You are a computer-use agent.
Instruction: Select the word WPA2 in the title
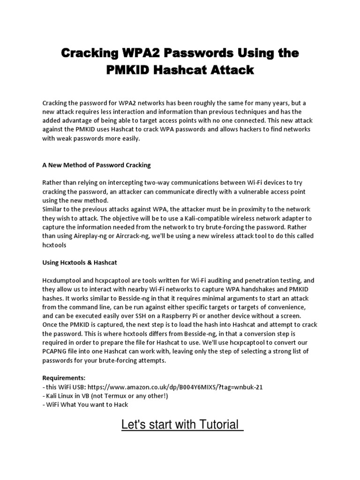[135, 53]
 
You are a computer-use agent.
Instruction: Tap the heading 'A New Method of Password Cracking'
[97, 165]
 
